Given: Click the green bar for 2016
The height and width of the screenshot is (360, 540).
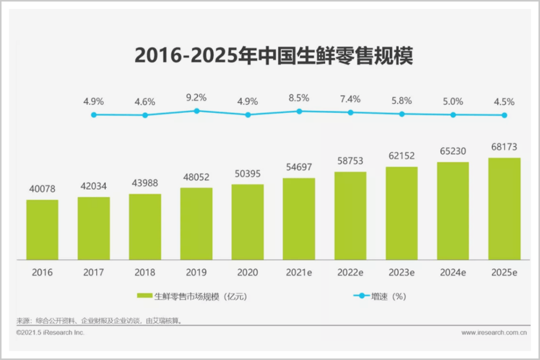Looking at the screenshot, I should coord(42,229).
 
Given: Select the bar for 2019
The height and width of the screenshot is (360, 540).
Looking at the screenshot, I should coord(197,223).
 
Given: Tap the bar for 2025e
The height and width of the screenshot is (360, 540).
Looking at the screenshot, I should coord(504,209).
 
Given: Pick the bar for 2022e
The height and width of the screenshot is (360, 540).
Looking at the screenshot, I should coord(350,216).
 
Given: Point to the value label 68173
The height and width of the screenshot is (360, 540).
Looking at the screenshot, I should coord(504,146).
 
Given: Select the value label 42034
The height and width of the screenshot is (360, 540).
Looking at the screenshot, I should coord(93,186).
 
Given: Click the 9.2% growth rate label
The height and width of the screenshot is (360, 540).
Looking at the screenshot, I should coord(197,98).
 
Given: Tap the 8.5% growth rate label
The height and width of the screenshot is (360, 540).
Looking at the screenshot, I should coord(299,98).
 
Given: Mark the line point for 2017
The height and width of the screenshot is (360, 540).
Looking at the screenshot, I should coord(93,114).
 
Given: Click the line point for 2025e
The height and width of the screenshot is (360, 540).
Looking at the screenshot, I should coord(504,115).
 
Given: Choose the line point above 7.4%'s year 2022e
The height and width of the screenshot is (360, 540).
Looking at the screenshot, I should coord(350,112).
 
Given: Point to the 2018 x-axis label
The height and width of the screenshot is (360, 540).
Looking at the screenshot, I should coord(145,273).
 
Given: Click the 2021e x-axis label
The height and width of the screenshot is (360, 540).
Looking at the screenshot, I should coord(299,273).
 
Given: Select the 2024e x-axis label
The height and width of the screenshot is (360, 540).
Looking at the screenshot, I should coord(453,273).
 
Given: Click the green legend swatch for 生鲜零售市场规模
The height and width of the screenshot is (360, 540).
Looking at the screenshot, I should coord(144,296).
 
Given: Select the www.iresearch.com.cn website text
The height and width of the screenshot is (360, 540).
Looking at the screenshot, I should coord(494,333).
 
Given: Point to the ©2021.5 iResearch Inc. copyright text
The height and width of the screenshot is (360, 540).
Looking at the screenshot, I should coord(50,333).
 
